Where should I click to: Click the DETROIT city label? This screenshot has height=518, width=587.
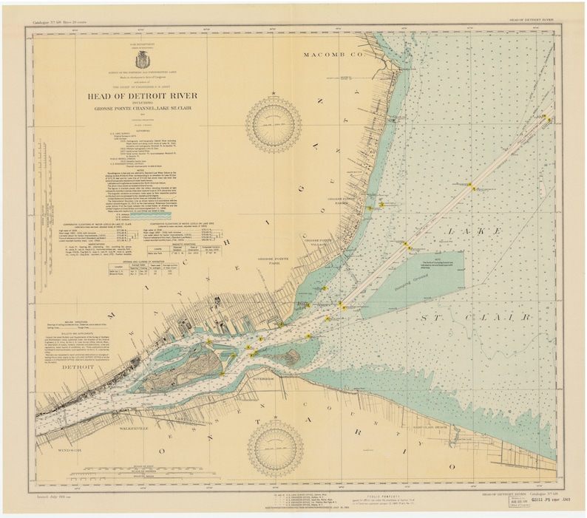point(58,367)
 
